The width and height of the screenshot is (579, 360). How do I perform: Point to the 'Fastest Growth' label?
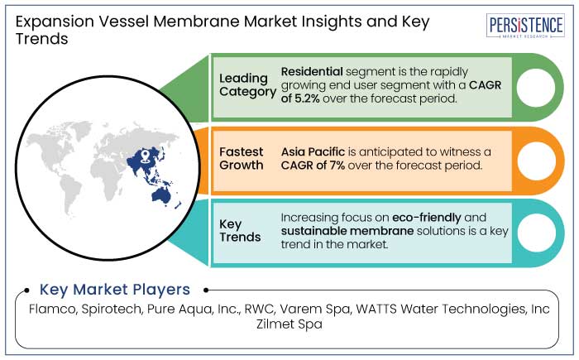coord(242,158)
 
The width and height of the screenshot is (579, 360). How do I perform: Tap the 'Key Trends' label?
coord(241,231)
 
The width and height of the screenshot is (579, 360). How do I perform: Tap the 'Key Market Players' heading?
coord(115,290)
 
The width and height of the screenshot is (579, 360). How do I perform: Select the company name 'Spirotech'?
coord(118,310)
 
